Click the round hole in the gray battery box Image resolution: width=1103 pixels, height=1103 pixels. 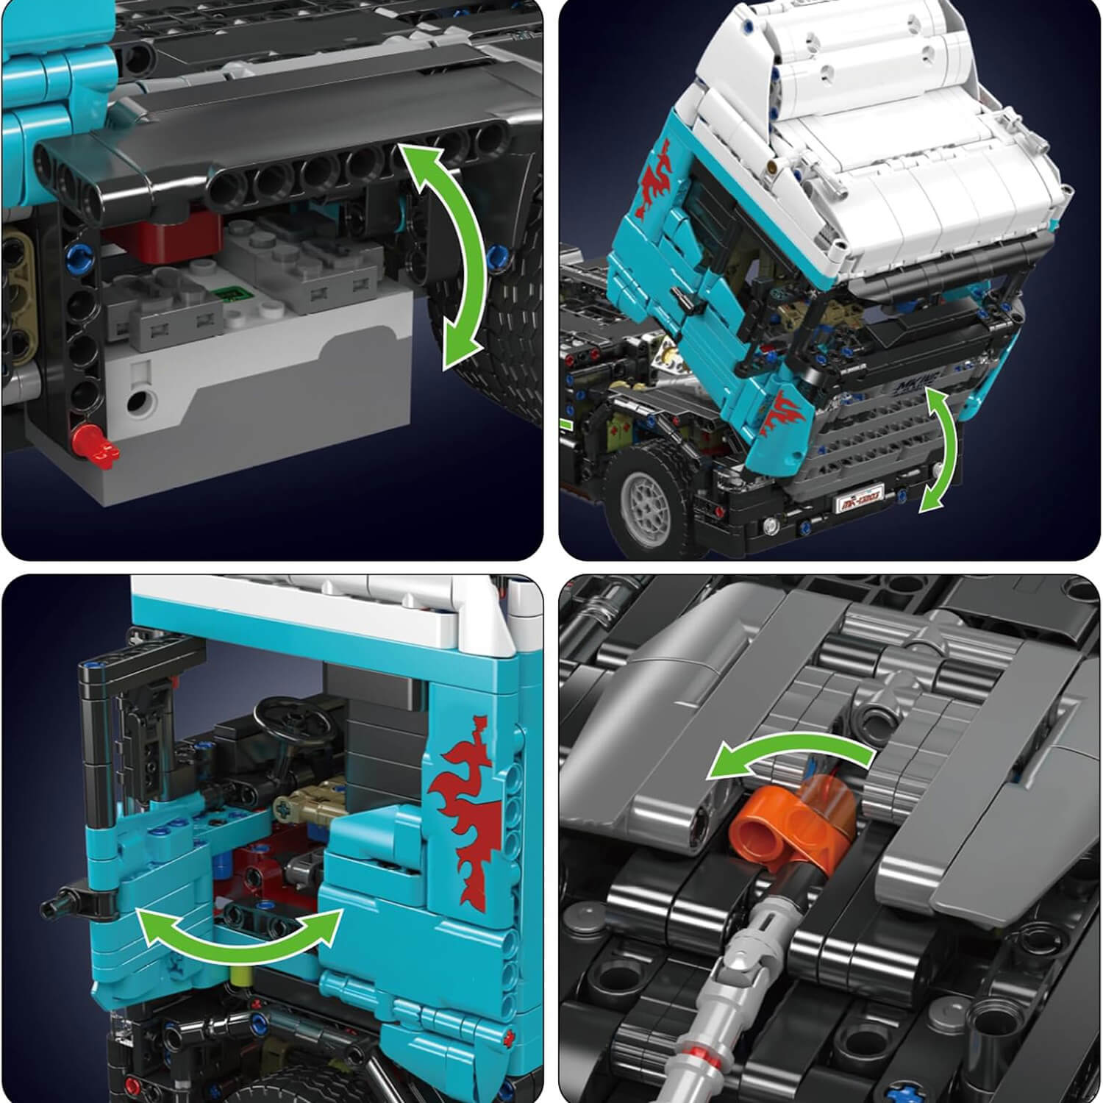click(x=140, y=401)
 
